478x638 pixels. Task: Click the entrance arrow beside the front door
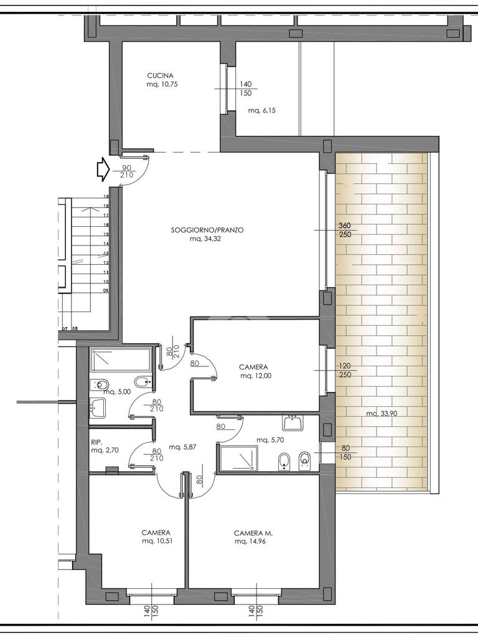click(x=102, y=169)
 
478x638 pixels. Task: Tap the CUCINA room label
click(x=160, y=75)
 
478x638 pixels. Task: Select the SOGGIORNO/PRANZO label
click(x=207, y=230)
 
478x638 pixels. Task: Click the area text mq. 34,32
click(x=205, y=239)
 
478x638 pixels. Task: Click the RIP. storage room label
click(x=96, y=442)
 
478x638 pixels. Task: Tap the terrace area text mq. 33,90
click(x=382, y=414)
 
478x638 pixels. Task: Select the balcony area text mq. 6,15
click(x=262, y=110)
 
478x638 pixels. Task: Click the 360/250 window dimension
click(x=345, y=230)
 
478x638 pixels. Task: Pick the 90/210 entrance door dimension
click(x=127, y=171)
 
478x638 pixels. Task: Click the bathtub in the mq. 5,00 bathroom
click(x=121, y=360)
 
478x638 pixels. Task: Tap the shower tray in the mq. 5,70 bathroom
click(x=238, y=458)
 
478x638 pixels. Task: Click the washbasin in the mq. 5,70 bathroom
click(x=293, y=423)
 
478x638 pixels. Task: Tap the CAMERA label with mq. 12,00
click(x=254, y=367)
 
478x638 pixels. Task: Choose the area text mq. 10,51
click(x=156, y=541)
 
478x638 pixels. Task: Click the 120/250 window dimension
click(x=345, y=370)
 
